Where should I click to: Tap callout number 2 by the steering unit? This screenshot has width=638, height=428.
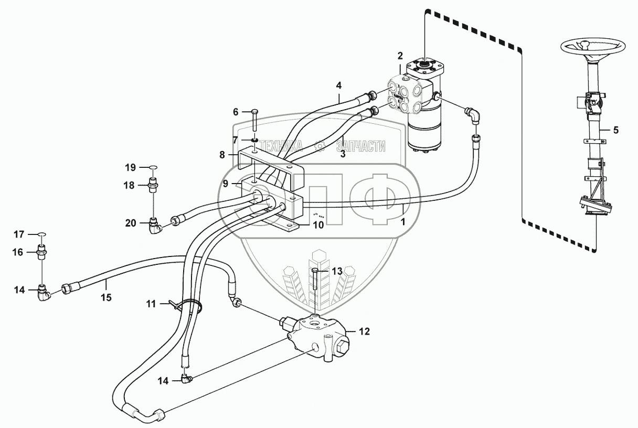pyautogui.click(x=400, y=56)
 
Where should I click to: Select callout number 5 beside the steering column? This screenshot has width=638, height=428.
pyautogui.click(x=615, y=130)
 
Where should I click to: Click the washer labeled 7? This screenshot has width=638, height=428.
pyautogui.click(x=254, y=140)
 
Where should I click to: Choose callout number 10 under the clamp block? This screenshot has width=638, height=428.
pyautogui.click(x=318, y=225)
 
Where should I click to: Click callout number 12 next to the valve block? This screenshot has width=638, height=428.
pyautogui.click(x=364, y=331)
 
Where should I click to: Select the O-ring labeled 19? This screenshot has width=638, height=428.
pyautogui.click(x=152, y=168)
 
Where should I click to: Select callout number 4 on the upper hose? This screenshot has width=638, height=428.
pyautogui.click(x=338, y=84)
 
